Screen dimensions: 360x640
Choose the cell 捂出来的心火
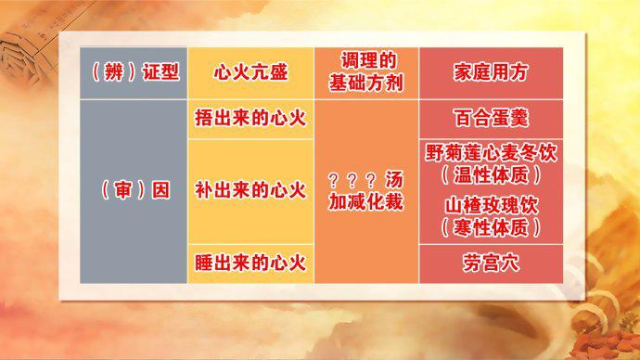pos(250,119)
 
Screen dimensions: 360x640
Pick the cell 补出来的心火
pos(250,190)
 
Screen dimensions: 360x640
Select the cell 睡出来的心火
pos(250,263)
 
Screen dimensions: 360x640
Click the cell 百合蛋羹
pos(491,119)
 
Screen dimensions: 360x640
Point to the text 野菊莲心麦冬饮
pos(491,152)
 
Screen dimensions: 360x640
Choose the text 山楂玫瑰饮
pos(491,205)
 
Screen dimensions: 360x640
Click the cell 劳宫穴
pos(491,264)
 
